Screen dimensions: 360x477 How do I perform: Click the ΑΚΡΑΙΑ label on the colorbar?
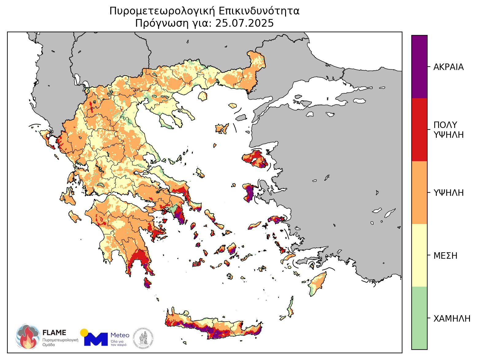pyautogui.click(x=448, y=67)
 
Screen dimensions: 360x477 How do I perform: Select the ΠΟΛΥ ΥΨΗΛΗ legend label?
pyautogui.click(x=448, y=130)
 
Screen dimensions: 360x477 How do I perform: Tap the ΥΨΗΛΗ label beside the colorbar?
pyautogui.click(x=448, y=193)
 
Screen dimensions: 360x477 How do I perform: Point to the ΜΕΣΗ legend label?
pyautogui.click(x=445, y=256)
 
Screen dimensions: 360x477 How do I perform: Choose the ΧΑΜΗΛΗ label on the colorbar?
pyautogui.click(x=452, y=319)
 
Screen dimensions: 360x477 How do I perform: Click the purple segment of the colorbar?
pyautogui.click(x=419, y=67)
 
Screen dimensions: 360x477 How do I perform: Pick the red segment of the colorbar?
pyautogui.click(x=419, y=130)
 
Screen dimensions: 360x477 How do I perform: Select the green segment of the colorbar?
pyautogui.click(x=419, y=318)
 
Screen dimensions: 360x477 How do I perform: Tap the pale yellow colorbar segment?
pyautogui.click(x=419, y=255)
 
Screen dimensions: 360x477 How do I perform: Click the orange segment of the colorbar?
pyautogui.click(x=419, y=192)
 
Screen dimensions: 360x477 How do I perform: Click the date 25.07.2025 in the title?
pyautogui.click(x=244, y=23)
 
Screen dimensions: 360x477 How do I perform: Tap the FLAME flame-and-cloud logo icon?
pyautogui.click(x=28, y=336)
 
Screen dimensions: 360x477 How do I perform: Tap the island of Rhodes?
pyautogui.click(x=318, y=283)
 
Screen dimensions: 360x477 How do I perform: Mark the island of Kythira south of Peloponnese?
pyautogui.click(x=147, y=282)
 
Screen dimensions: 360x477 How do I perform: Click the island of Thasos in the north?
pyautogui.click(x=203, y=96)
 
